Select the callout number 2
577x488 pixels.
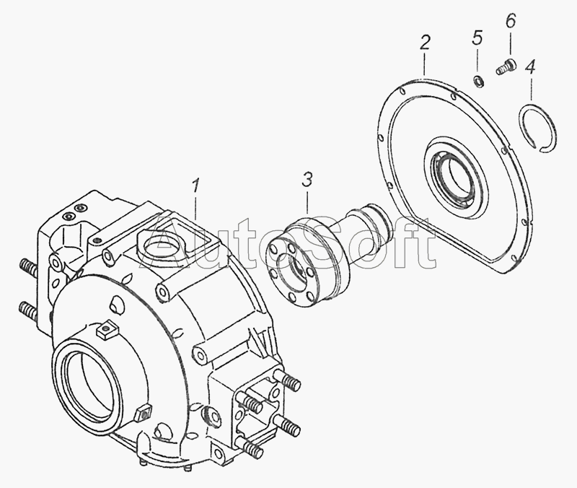pos(425,43)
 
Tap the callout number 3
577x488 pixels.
pos(307,179)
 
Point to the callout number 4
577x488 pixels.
pos(530,67)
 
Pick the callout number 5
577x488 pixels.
pos(477,38)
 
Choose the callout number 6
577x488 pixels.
pos(511,22)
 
